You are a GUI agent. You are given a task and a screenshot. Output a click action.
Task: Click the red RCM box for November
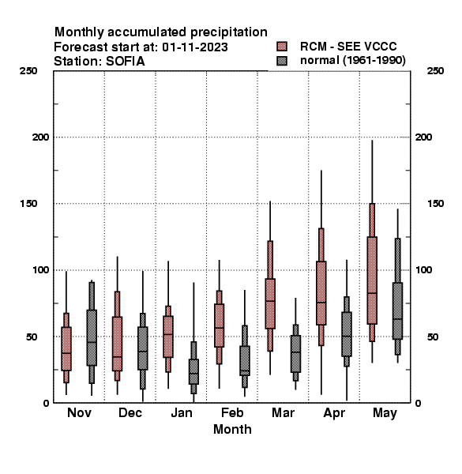[x=66, y=348]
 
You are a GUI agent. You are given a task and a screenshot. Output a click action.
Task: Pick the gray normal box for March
[x=295, y=354]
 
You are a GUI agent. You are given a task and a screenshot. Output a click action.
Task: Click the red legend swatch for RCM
[x=282, y=47]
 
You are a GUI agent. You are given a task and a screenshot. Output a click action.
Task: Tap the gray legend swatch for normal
[x=282, y=61]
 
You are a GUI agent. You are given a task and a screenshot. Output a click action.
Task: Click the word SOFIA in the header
[x=125, y=62]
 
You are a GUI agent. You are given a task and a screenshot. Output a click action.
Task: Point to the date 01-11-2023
[x=195, y=47]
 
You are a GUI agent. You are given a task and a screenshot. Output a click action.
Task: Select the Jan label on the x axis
[x=182, y=412]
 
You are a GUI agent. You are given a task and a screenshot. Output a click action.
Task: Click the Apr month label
[x=334, y=413]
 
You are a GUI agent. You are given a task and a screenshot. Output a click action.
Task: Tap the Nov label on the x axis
[x=79, y=412]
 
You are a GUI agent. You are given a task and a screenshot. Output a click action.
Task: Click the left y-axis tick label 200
[x=40, y=137]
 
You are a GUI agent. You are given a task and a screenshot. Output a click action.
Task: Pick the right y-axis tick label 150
[x=435, y=204]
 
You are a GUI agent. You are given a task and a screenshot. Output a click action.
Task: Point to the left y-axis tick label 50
[x=32, y=337]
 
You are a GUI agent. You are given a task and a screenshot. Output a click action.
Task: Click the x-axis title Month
[x=232, y=429]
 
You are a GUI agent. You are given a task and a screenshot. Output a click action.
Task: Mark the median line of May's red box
[x=372, y=293]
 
